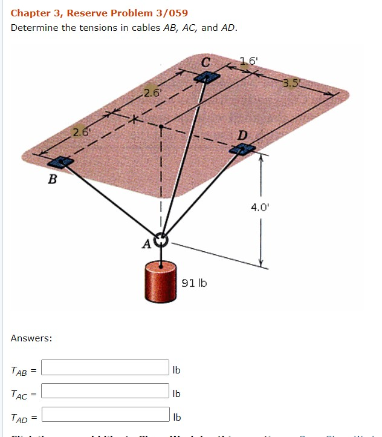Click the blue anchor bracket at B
(60, 162)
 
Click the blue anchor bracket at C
(207, 77)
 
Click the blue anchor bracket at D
(243, 148)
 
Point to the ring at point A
(161, 241)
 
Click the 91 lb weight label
(194, 283)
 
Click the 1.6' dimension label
(248, 61)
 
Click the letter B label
(53, 179)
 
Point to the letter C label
(206, 62)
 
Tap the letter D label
(242, 134)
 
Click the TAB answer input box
(105, 368)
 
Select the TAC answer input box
(105, 391)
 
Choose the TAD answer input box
(105, 415)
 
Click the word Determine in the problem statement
(34, 28)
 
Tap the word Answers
(31, 338)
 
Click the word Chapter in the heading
(28, 13)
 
